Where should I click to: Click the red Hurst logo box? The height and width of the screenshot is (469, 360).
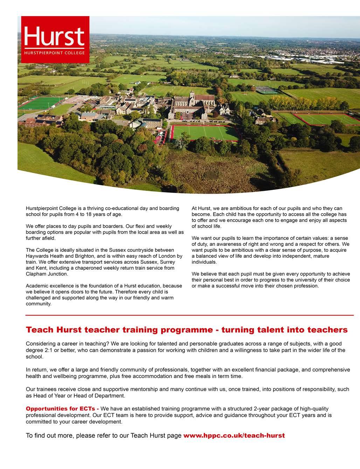pos(55,39)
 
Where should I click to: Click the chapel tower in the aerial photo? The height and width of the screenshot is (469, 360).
pos(192,95)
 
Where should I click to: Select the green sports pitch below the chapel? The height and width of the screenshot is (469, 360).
pos(205,133)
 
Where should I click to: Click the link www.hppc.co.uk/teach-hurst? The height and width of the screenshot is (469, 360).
pos(234,436)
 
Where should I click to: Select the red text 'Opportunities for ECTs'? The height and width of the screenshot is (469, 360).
pos(62,409)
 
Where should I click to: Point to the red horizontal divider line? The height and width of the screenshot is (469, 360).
pos(189,315)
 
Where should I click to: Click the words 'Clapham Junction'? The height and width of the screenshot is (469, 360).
pos(47,274)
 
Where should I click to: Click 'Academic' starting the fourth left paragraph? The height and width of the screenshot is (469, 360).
pos(37,286)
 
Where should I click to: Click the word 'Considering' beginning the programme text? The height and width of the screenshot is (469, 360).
pos(41,344)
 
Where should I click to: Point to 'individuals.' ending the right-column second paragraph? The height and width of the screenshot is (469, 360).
pos(204,262)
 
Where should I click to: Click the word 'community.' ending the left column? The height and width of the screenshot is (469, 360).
pos(39,304)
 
